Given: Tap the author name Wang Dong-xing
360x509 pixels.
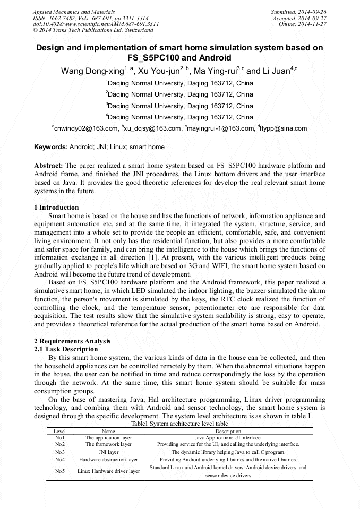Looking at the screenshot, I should (x=92, y=71).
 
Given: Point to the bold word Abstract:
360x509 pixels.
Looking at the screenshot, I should (x=49, y=166).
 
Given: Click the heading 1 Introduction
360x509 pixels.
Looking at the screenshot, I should (x=56, y=208).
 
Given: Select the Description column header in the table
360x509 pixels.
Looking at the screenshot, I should (x=228, y=432).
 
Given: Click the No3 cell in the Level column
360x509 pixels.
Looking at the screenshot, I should (x=59, y=452).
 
